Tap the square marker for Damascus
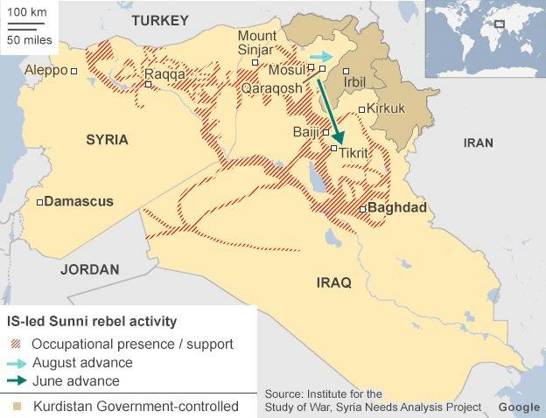pos(40,202)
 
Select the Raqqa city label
pos(164,74)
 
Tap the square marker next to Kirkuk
pos(361,109)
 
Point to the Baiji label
pos(305,132)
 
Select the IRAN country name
pos(478,143)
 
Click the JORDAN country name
pos(89,269)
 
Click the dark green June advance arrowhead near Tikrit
pos(338,138)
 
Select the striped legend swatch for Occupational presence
pos(16,344)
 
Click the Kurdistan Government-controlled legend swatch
pos(16,407)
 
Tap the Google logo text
pos(519,408)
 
